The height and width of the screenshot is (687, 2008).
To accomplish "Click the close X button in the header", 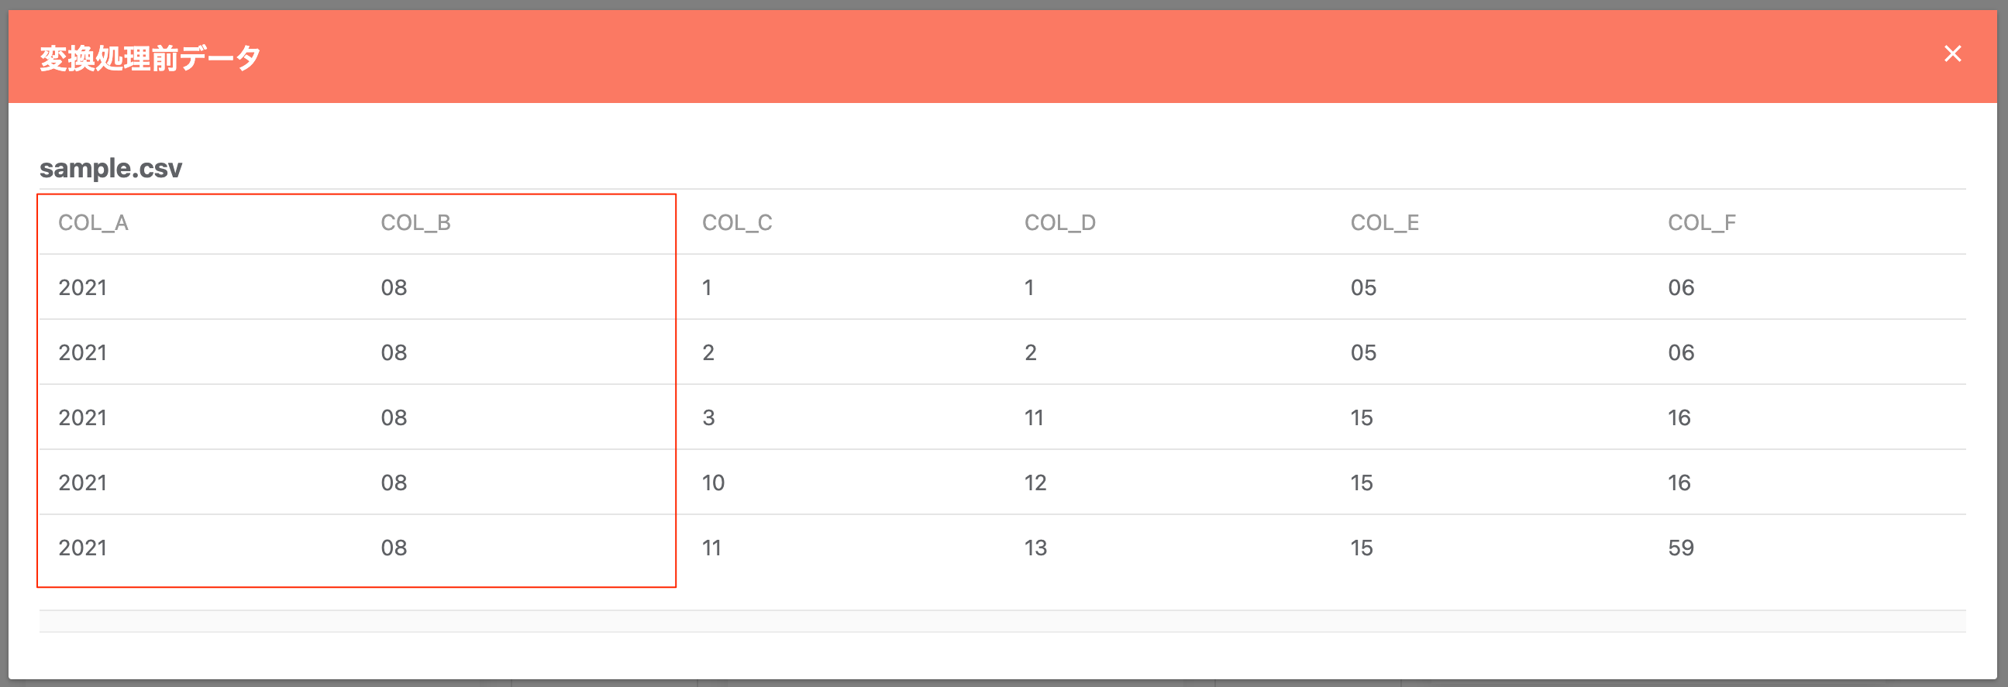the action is point(1952,53).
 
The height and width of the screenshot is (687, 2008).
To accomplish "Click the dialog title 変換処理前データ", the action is point(150,57).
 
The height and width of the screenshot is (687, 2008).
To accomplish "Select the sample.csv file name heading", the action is point(111,168).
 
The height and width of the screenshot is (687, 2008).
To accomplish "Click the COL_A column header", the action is point(94,223).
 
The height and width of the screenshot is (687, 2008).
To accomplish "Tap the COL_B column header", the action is point(415,223).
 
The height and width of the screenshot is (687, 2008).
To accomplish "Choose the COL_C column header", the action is point(737,223).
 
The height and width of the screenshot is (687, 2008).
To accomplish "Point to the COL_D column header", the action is point(1059,223).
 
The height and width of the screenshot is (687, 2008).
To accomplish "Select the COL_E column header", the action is point(1384,223).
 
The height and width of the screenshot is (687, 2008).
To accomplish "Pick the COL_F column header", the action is point(1702,223).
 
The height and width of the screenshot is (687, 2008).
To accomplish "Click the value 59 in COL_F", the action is point(1681,548).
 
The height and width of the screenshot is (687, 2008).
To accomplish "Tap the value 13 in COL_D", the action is point(1035,548).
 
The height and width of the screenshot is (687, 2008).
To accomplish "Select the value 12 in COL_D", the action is point(1035,483).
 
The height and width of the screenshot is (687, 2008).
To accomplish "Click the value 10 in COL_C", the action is point(713,483).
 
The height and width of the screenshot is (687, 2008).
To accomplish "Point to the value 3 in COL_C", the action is point(708,417).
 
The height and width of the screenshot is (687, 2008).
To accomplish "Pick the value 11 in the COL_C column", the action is point(711,548).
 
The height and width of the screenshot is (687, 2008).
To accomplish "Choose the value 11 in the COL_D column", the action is point(1034,417).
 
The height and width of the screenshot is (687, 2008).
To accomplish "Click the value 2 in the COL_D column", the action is point(1031,353).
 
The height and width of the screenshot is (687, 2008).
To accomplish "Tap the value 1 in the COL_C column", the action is point(706,287).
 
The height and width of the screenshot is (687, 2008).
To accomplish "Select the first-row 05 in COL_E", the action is point(1363,287).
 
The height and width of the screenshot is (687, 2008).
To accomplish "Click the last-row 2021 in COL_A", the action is point(83,548).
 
